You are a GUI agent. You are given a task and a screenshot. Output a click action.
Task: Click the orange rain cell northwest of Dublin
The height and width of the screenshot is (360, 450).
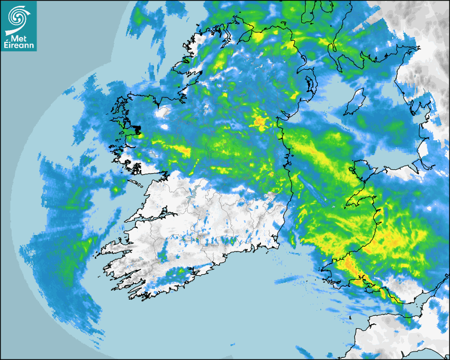[260, 122]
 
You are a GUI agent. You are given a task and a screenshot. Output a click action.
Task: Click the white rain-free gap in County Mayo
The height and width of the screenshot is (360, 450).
[162, 112]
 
